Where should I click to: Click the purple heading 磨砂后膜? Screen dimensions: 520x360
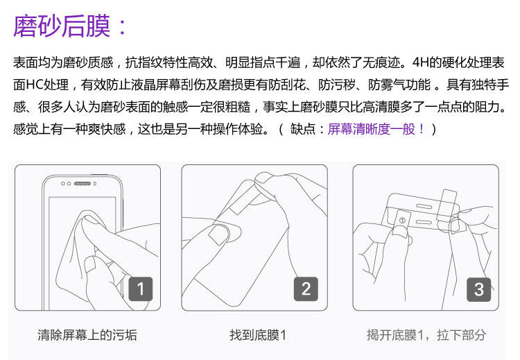coord(62,26)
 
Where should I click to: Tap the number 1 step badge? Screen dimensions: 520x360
coord(141,289)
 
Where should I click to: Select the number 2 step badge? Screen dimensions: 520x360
coord(306,289)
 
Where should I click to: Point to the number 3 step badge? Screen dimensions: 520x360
coord(478,289)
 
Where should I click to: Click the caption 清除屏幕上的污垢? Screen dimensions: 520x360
coord(87,335)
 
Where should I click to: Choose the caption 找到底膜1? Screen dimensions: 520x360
coord(258,335)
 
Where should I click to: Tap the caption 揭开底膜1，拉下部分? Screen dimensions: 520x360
coord(426,335)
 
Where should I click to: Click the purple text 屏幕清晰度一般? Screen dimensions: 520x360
coord(372,129)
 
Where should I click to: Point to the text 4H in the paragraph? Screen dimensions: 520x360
coord(421,62)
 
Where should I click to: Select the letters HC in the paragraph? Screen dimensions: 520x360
coord(35,85)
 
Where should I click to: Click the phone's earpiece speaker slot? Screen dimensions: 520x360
coord(83,184)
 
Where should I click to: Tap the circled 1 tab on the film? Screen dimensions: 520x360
coord(402,220)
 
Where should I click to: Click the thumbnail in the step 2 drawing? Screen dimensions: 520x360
coord(218,234)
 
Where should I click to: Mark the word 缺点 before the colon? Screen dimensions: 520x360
coord(302,129)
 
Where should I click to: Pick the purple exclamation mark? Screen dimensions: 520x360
coord(422,129)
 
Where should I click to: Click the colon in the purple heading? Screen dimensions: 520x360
coord(122,26)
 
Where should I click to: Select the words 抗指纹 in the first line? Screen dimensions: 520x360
coord(144,62)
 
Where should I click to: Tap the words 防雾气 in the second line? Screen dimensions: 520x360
coord(387,85)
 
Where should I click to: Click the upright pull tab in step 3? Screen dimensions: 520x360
coord(446,206)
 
